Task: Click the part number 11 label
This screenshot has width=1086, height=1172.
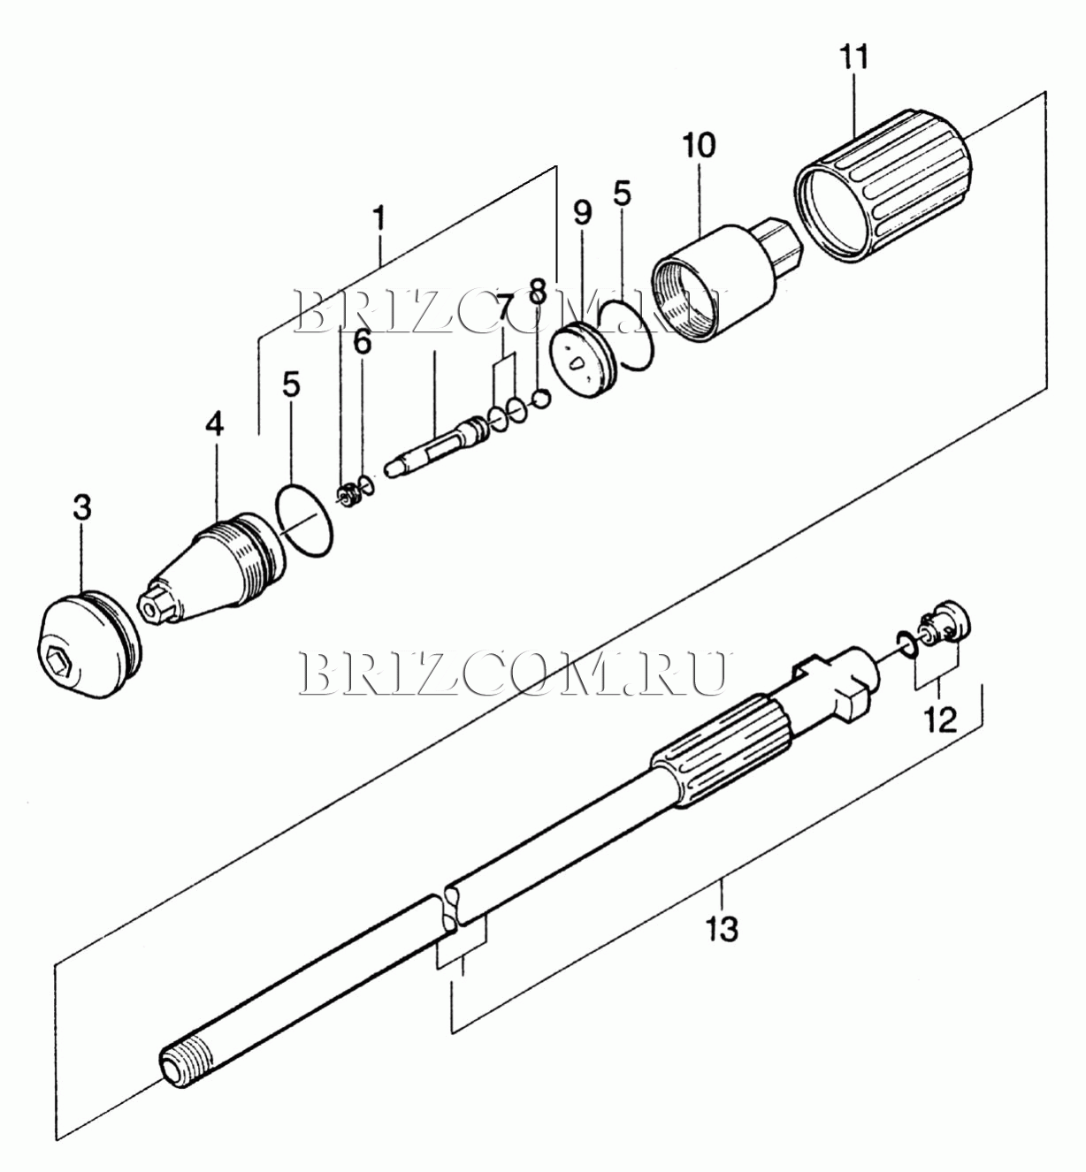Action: pos(854,57)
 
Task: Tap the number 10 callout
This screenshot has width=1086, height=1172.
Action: pos(699,145)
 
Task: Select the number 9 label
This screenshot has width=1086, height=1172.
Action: pos(582,212)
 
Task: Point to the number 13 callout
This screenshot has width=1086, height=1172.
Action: pos(722,928)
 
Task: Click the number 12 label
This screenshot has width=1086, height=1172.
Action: pos(940,719)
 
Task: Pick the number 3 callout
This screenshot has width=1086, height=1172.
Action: pos(82,508)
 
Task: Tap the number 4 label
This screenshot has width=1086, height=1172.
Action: pos(214,424)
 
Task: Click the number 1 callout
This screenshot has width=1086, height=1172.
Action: pos(379,218)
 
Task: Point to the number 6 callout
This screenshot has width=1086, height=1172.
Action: pos(363,342)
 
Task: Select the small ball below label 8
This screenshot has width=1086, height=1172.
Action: pos(541,400)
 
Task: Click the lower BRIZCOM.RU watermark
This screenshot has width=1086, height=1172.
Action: pos(514,674)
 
